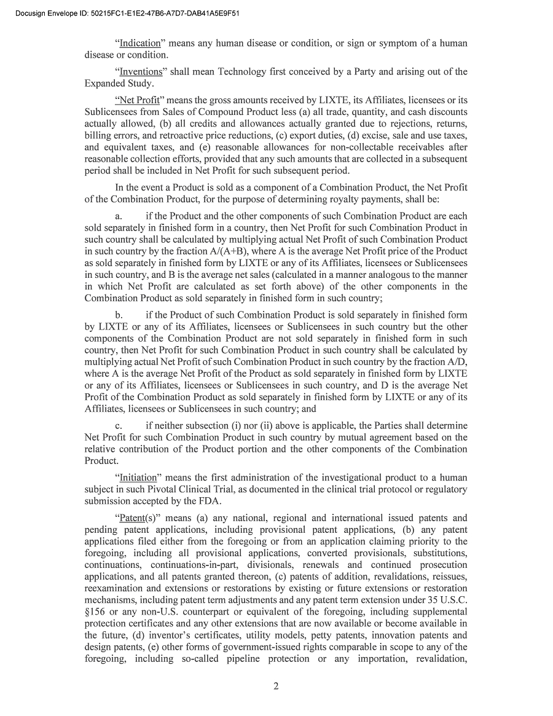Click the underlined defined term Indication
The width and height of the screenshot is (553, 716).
[x=139, y=44]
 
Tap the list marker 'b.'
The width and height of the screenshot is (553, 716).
[x=119, y=315]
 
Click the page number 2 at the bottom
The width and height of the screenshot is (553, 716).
[x=276, y=686]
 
